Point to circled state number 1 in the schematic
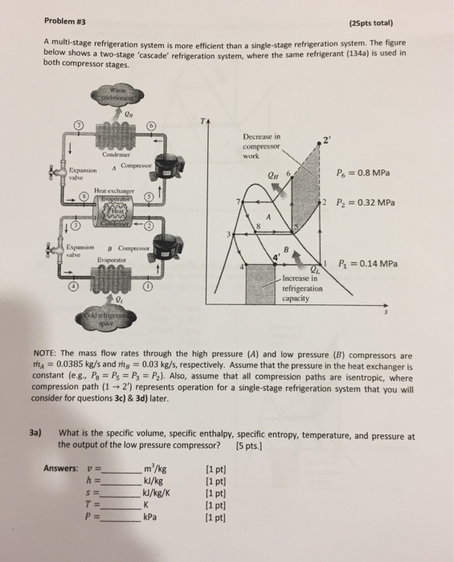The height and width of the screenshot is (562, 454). click(x=149, y=287)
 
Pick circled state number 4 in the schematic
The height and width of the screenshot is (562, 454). click(x=75, y=287)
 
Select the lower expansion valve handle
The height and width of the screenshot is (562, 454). click(x=56, y=252)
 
